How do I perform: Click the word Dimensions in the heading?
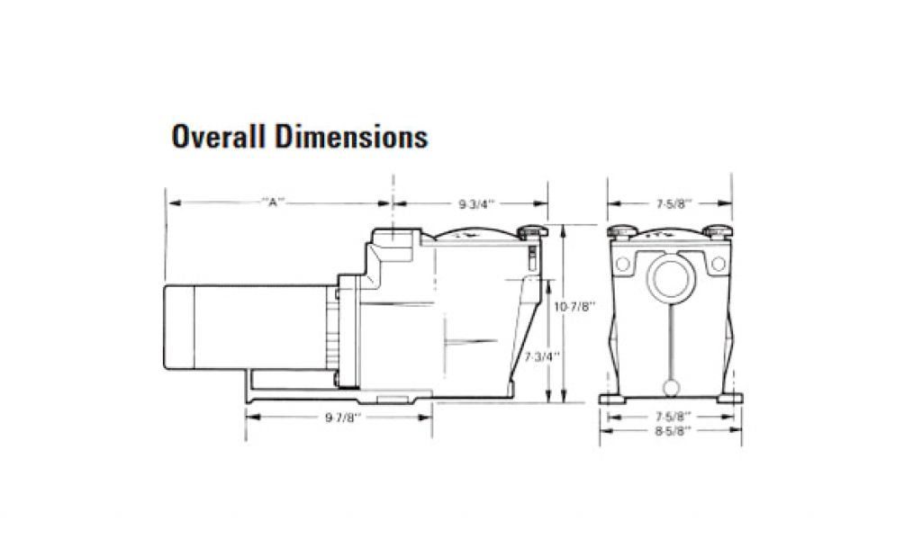352,136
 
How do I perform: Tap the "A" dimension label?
273,202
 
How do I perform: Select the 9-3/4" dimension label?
477,204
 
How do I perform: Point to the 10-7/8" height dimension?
575,306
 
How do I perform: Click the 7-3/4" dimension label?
541,356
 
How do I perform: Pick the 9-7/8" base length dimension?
343,418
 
